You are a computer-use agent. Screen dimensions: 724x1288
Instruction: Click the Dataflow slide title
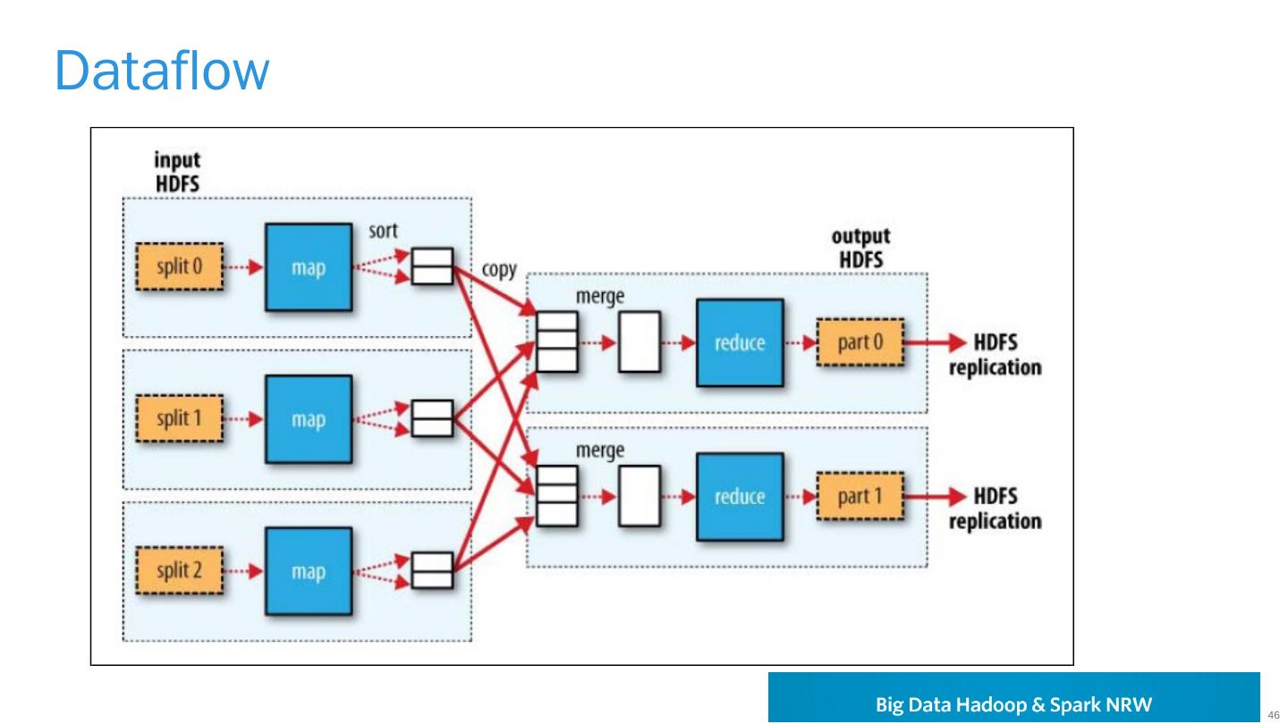[x=161, y=71]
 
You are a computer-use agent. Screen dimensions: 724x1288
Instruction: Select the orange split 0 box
[x=179, y=266]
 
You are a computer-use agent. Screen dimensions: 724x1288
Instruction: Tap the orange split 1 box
[x=179, y=419]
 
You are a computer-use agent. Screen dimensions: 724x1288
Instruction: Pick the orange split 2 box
[x=179, y=572]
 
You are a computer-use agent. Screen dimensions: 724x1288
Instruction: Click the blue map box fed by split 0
[x=308, y=266]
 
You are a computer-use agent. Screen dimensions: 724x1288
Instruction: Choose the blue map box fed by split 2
[x=308, y=572]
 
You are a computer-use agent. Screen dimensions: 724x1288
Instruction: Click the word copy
[x=498, y=269]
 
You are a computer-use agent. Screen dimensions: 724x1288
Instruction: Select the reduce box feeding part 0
[x=739, y=342]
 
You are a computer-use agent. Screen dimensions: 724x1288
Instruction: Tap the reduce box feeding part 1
[x=739, y=496]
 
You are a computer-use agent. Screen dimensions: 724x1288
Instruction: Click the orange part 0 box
[x=859, y=342]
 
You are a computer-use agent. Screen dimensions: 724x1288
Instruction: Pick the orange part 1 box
[x=859, y=496]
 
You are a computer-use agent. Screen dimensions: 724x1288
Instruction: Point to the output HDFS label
[x=861, y=247]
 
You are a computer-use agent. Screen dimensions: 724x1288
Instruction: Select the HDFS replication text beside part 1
[x=995, y=508]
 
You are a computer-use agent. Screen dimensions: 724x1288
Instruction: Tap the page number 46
[x=1273, y=713]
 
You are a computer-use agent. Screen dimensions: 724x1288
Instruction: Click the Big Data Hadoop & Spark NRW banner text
[x=1013, y=703]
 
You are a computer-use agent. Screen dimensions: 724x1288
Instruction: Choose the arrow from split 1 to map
[x=243, y=419]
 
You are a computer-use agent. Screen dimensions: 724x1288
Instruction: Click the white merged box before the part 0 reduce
[x=639, y=342]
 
